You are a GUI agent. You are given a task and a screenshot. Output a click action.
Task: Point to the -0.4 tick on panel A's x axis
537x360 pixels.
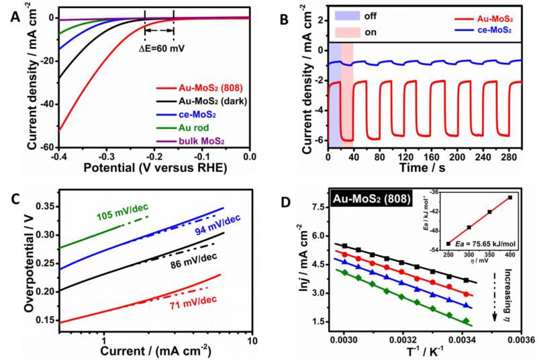pos(59,156)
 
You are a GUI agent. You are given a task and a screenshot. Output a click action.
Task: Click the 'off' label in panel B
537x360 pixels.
pos(369,15)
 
